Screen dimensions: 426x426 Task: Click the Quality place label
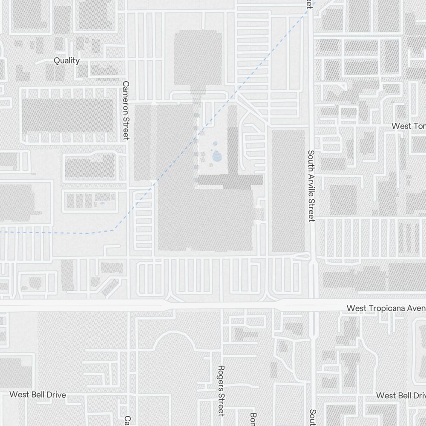tap(66, 60)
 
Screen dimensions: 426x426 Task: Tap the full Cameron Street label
tap(126, 110)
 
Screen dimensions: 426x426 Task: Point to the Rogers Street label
tap(221, 390)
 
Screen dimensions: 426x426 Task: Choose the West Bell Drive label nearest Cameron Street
tap(37, 395)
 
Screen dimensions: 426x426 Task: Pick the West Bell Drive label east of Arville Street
tap(400, 395)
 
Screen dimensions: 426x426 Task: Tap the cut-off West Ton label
tap(408, 126)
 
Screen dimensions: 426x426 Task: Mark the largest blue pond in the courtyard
tap(217, 157)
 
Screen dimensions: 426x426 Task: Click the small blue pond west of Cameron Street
tap(102, 203)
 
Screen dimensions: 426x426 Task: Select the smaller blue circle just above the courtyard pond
tap(215, 144)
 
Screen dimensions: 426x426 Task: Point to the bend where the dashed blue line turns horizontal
tap(114, 230)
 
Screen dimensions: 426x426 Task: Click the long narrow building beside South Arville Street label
tap(288, 190)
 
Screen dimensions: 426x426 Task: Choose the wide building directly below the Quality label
tap(68, 115)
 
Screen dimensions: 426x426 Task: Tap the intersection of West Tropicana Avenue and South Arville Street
tap(313, 305)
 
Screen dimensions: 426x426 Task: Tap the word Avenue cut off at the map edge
tap(418, 308)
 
